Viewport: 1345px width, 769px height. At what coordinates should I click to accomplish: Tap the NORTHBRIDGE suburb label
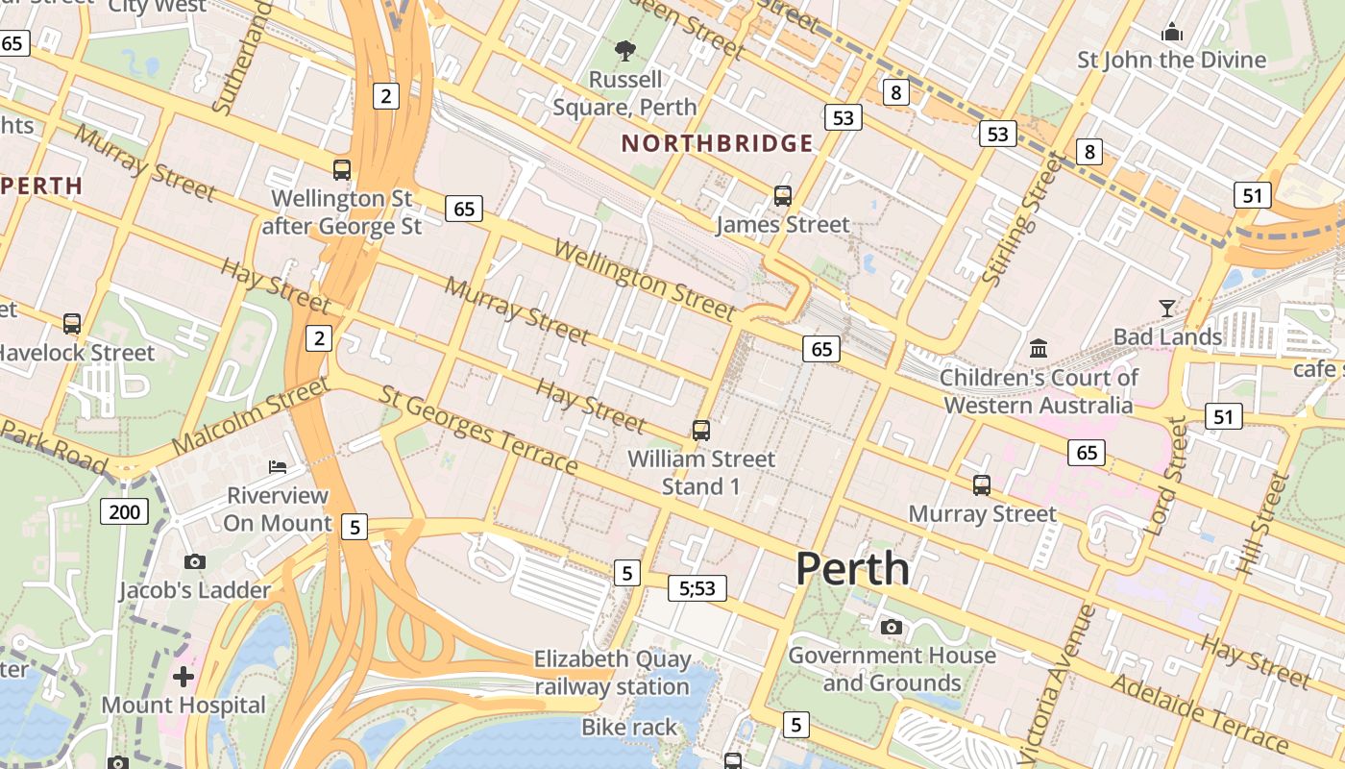click(x=717, y=144)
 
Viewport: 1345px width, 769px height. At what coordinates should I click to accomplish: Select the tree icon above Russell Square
click(x=625, y=50)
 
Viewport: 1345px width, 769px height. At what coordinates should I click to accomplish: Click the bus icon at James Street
click(x=783, y=196)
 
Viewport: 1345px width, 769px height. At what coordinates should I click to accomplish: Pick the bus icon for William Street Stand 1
click(x=701, y=430)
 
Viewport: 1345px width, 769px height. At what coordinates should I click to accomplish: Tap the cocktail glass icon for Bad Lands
click(x=1167, y=308)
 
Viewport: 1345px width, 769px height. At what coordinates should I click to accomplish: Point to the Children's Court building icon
click(x=1039, y=348)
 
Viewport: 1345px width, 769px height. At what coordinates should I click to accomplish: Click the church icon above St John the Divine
click(x=1171, y=32)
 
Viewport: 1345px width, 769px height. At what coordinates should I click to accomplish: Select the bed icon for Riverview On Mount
click(x=278, y=467)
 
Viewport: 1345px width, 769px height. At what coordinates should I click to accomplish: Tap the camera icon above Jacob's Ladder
click(x=194, y=561)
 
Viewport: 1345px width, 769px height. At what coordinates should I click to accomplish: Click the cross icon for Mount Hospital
click(x=183, y=677)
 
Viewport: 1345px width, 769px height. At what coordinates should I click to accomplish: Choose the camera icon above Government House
click(x=892, y=628)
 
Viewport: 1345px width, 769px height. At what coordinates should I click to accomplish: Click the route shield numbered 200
click(x=125, y=511)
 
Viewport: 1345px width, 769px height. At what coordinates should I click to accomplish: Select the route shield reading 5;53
click(x=697, y=587)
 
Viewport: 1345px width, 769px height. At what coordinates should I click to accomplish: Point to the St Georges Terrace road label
click(x=478, y=430)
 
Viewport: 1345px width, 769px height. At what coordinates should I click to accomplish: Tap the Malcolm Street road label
click(x=250, y=417)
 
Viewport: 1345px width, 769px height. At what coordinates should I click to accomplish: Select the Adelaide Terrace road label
click(x=1200, y=712)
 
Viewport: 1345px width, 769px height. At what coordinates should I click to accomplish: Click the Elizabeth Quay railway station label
click(x=612, y=673)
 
